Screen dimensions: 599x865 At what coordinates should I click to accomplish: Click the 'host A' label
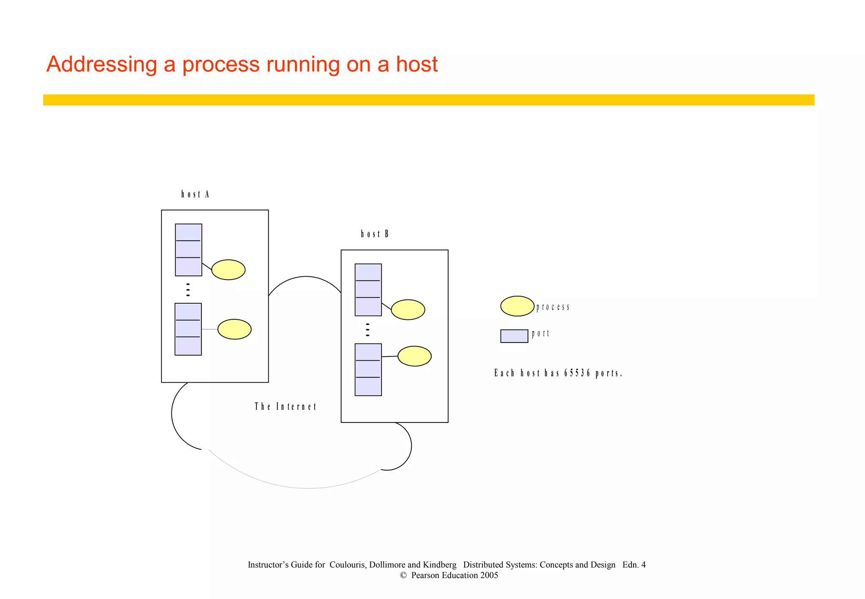[195, 194]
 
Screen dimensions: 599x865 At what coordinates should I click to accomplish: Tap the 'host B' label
[375, 234]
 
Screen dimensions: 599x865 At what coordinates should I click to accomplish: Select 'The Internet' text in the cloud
[286, 407]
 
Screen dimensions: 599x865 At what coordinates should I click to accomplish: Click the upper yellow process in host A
[228, 270]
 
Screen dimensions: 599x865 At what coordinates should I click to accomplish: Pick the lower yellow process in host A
[234, 329]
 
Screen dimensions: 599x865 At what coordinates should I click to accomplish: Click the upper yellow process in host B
[408, 310]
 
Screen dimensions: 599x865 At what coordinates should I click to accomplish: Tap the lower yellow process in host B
[414, 356]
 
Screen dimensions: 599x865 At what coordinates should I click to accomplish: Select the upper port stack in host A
[188, 250]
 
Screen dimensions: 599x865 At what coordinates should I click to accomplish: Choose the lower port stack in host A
[188, 329]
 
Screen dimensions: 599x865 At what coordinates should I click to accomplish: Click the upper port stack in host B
[368, 290]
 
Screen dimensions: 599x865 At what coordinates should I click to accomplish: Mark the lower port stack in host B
[368, 370]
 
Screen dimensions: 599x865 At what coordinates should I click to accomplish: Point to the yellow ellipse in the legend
[517, 306]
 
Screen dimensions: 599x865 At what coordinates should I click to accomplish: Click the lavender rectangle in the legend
[514, 336]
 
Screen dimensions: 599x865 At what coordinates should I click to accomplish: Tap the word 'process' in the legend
[553, 307]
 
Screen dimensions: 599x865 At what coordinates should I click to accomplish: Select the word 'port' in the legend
[541, 334]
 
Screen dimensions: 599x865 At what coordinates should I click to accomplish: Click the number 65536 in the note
[577, 373]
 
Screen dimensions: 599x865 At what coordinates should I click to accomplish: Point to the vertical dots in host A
[188, 290]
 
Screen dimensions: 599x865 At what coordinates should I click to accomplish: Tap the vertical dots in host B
[367, 329]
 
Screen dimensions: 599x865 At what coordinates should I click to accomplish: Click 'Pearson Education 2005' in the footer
[454, 575]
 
